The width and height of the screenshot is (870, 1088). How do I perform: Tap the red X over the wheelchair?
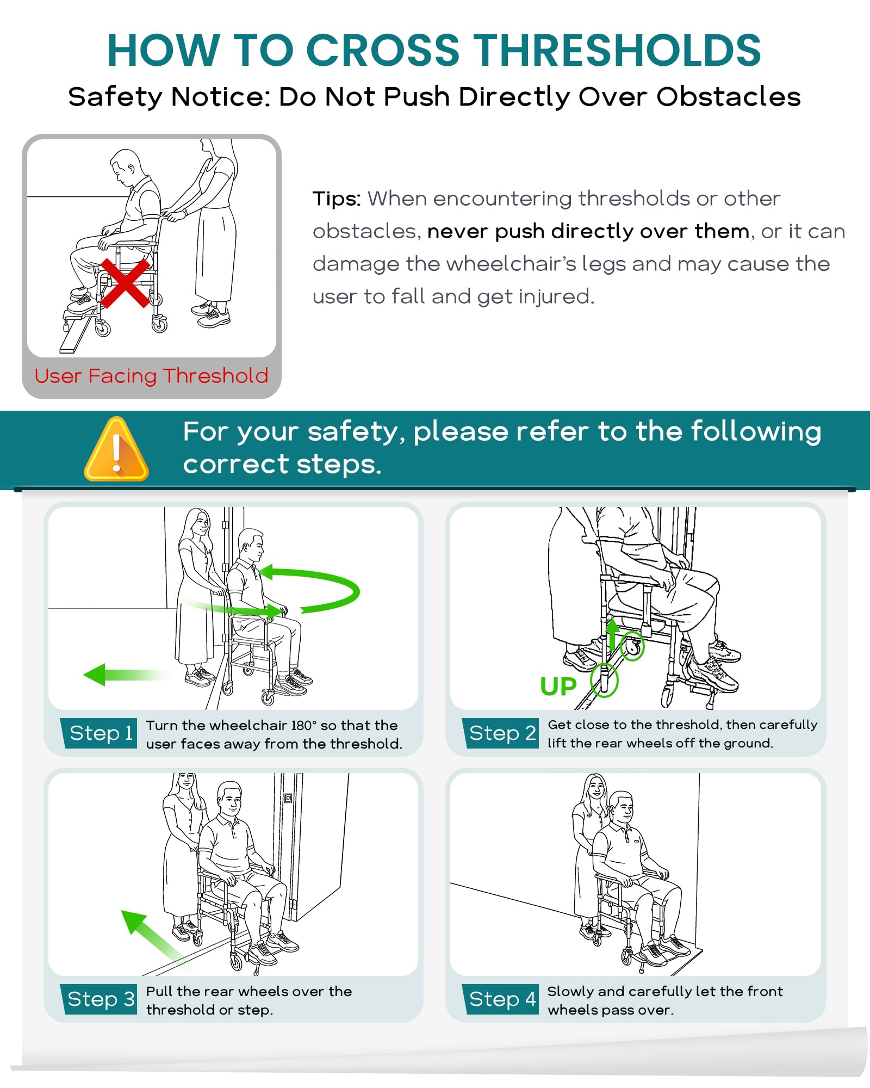pos(125,283)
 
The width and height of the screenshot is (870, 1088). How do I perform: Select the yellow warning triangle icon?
pos(116,449)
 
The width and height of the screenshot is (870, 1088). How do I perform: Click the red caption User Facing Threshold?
pos(151,376)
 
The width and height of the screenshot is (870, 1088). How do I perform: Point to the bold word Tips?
pos(337,199)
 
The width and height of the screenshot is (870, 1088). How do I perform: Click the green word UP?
pos(558,687)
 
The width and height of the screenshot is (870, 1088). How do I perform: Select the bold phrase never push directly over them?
pos(588,232)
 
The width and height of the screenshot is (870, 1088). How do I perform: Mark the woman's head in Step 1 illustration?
pos(198,523)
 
